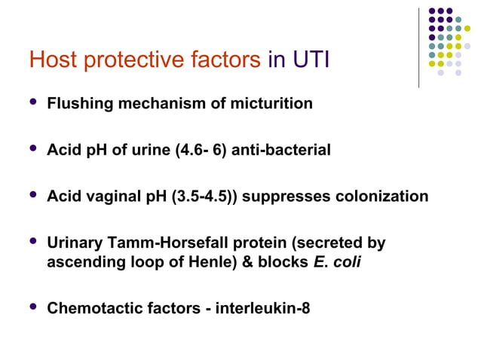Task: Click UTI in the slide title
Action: coord(310,59)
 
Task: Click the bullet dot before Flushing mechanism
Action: coord(31,102)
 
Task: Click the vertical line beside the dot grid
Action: coord(418,47)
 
